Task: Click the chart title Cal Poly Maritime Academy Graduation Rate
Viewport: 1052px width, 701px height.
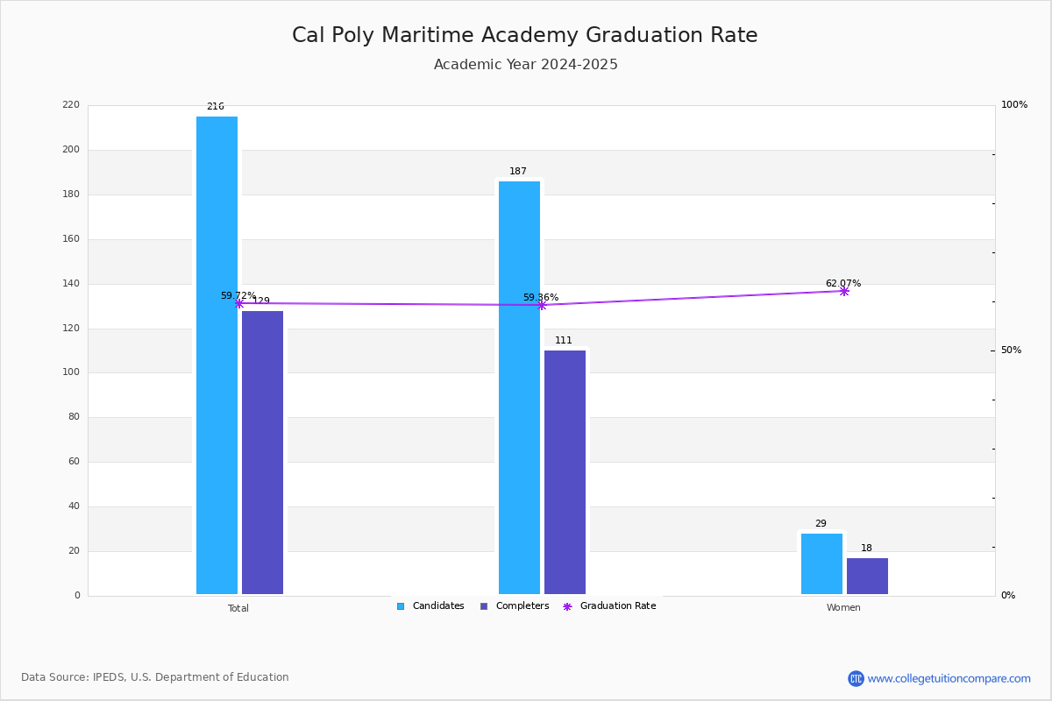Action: [524, 35]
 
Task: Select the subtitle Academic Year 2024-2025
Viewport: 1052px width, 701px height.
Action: [525, 64]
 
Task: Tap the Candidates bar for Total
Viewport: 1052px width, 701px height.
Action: [217, 356]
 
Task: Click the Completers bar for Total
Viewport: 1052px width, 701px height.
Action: [262, 453]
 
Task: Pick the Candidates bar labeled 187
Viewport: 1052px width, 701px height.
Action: [519, 388]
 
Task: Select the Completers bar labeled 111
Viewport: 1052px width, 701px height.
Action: [565, 472]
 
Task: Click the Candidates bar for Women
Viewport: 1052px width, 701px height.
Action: [822, 564]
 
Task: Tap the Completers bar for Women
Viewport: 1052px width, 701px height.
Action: [867, 576]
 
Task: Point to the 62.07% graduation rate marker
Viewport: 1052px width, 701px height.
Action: [844, 292]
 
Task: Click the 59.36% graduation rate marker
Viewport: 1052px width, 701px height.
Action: [542, 305]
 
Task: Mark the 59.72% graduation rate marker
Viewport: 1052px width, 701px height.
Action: [239, 304]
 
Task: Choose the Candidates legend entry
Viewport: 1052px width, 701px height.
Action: [430, 606]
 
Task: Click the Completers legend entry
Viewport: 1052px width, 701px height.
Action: [515, 606]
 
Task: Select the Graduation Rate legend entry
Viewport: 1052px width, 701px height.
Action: [609, 606]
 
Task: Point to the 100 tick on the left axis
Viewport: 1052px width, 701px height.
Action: [71, 372]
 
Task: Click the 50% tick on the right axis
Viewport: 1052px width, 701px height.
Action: [1011, 350]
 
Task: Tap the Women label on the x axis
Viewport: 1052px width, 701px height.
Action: [843, 607]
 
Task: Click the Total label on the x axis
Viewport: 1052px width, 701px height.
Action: [238, 608]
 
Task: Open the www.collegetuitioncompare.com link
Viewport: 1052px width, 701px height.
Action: [949, 678]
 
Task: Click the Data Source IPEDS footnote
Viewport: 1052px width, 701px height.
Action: [155, 677]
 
